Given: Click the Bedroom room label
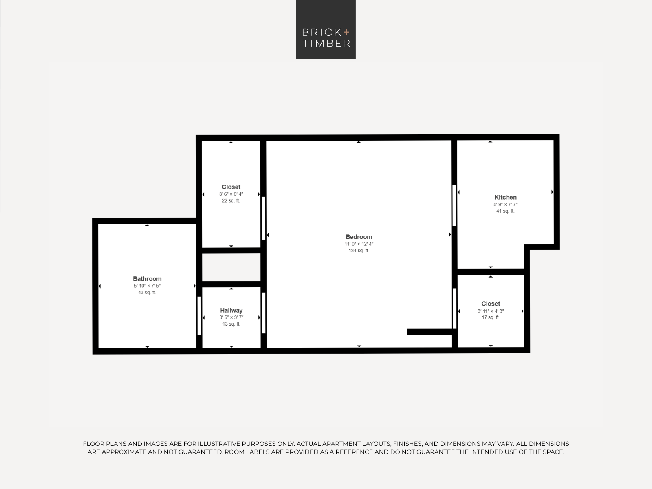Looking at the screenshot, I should [359, 237].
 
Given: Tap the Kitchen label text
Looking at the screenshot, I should [505, 197].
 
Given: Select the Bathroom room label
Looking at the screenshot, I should [147, 279].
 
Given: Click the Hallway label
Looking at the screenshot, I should [231, 310].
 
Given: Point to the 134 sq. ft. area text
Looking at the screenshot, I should [359, 251].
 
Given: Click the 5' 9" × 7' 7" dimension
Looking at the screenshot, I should [505, 205].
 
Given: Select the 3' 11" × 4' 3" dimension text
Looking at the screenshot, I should [491, 311].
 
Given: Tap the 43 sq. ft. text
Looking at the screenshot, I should [147, 293].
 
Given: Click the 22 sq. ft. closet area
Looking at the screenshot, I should [231, 200].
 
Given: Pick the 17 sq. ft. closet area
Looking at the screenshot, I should [491, 317].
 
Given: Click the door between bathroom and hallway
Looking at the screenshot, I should [199, 315].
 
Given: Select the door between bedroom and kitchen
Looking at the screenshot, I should [454, 205].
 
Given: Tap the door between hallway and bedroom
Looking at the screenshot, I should [264, 313].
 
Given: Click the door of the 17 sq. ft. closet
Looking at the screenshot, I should [454, 308].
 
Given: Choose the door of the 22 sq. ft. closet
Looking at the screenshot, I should [264, 218].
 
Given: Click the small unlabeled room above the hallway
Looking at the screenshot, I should [231, 267].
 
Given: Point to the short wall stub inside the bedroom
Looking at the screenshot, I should [430, 332].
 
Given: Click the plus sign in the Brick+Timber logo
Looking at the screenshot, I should [347, 32].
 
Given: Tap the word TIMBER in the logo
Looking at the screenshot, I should [326, 44].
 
